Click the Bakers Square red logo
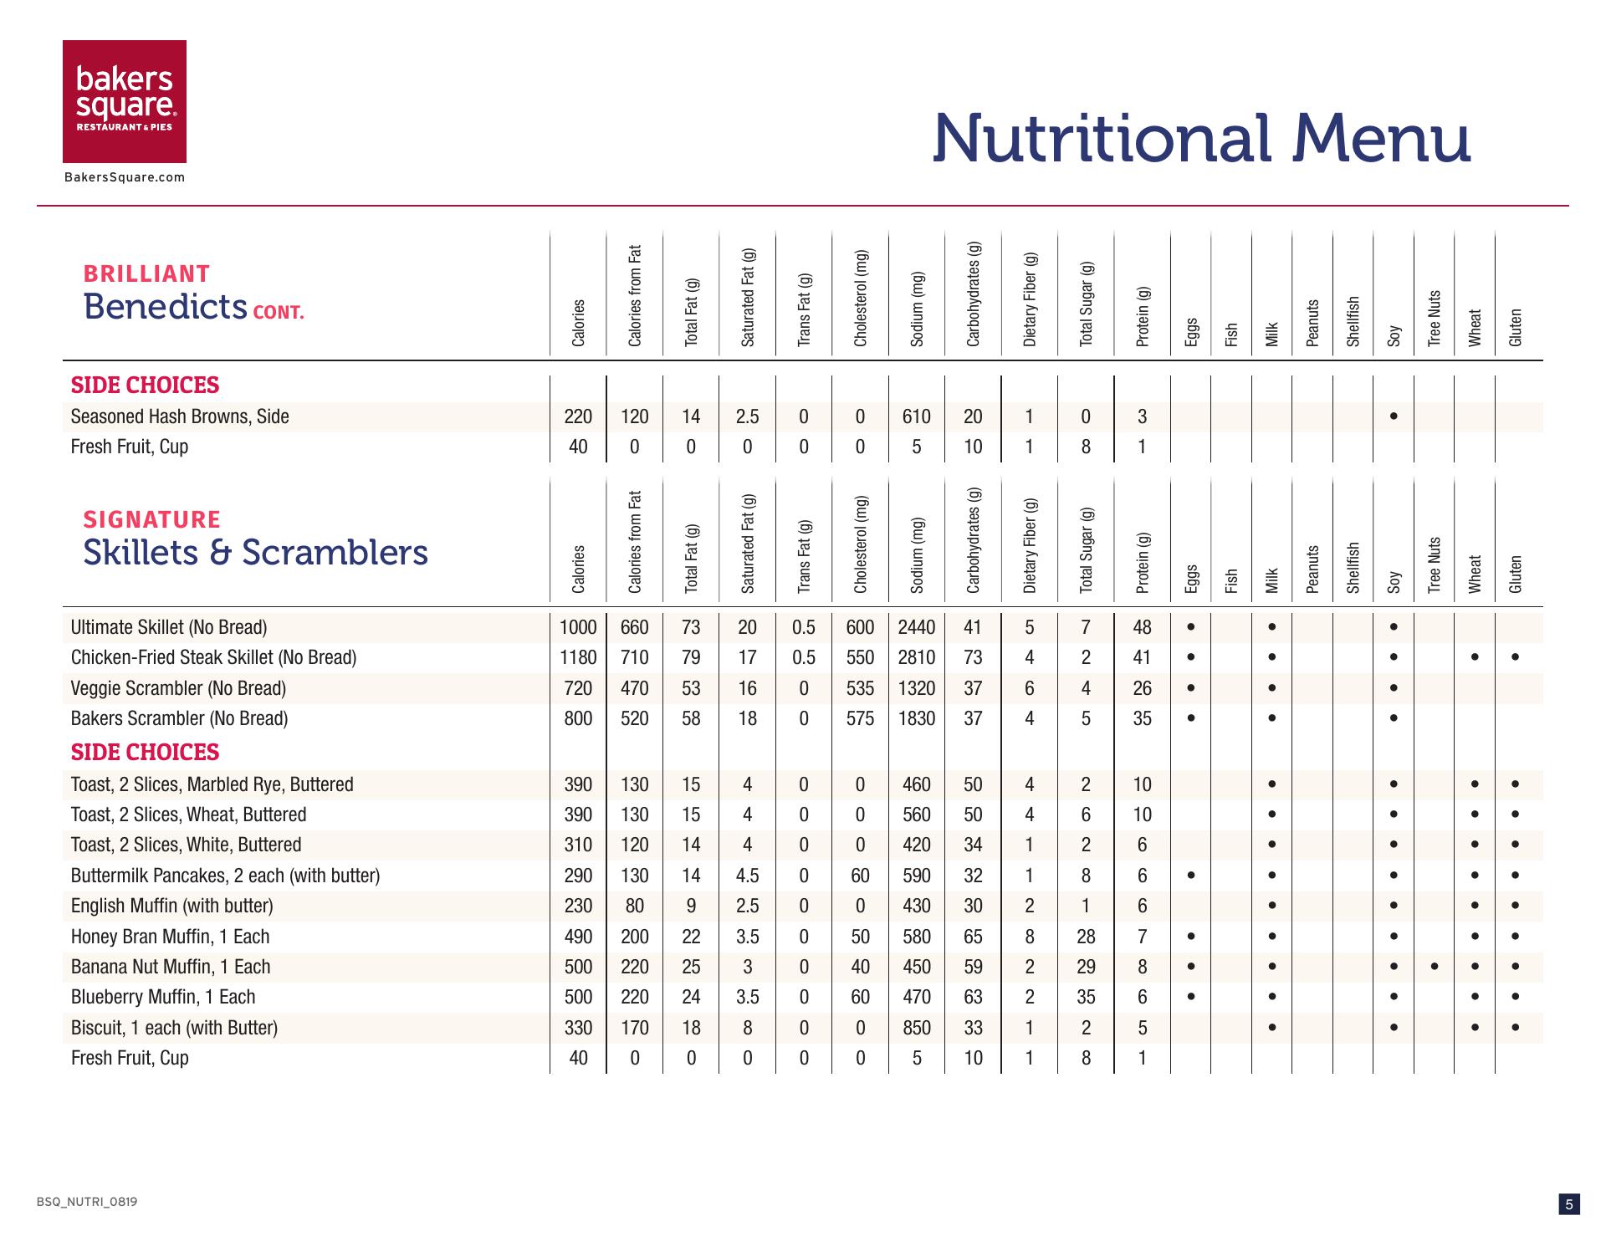[125, 101]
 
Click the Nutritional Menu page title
[1200, 138]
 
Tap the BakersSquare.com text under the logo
[125, 177]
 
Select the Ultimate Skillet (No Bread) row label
[169, 627]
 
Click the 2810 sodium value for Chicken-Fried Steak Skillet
[916, 657]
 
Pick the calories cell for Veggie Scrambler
[578, 688]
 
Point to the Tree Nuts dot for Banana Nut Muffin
[1434, 967]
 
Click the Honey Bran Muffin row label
[170, 937]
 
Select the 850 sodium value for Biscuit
[916, 1028]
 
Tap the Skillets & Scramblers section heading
[255, 552]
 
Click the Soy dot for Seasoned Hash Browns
[1393, 416]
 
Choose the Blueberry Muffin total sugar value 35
[1086, 997]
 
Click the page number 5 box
[1568, 1204]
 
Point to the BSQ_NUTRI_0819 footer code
[87, 1202]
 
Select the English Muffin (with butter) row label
[171, 906]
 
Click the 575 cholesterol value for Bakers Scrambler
[860, 718]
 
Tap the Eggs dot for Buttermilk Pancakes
[1190, 876]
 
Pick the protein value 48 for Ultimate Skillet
[1142, 627]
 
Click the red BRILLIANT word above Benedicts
[146, 274]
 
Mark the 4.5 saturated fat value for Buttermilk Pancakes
[747, 876]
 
